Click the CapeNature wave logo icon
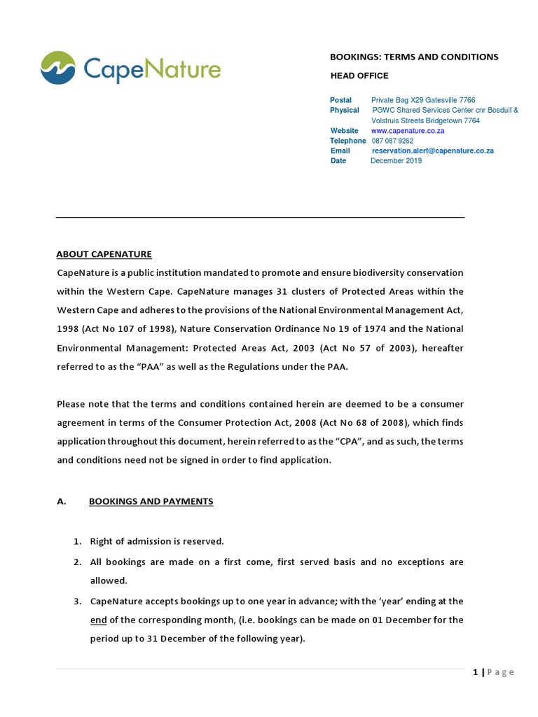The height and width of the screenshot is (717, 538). [58, 68]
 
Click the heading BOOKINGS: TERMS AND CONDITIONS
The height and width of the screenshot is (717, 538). [414, 57]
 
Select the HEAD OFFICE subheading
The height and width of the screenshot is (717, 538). [359, 76]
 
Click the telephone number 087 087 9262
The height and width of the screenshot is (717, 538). [392, 141]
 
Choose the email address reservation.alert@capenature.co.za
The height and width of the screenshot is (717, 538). [433, 151]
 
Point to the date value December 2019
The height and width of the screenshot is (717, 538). [396, 160]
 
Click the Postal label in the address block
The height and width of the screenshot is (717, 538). [341, 100]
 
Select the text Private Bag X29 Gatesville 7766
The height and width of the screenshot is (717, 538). [423, 100]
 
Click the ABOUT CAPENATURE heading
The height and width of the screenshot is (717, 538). [104, 254]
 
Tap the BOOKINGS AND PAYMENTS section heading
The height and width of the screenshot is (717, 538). [151, 501]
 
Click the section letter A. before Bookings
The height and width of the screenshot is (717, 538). [61, 501]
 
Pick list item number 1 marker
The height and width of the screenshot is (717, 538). [78, 541]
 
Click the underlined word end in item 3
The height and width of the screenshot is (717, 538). [98, 620]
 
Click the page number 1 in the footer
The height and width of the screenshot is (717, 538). [476, 672]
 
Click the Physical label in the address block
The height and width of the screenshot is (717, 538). [345, 110]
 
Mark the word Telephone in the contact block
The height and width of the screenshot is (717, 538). [348, 141]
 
